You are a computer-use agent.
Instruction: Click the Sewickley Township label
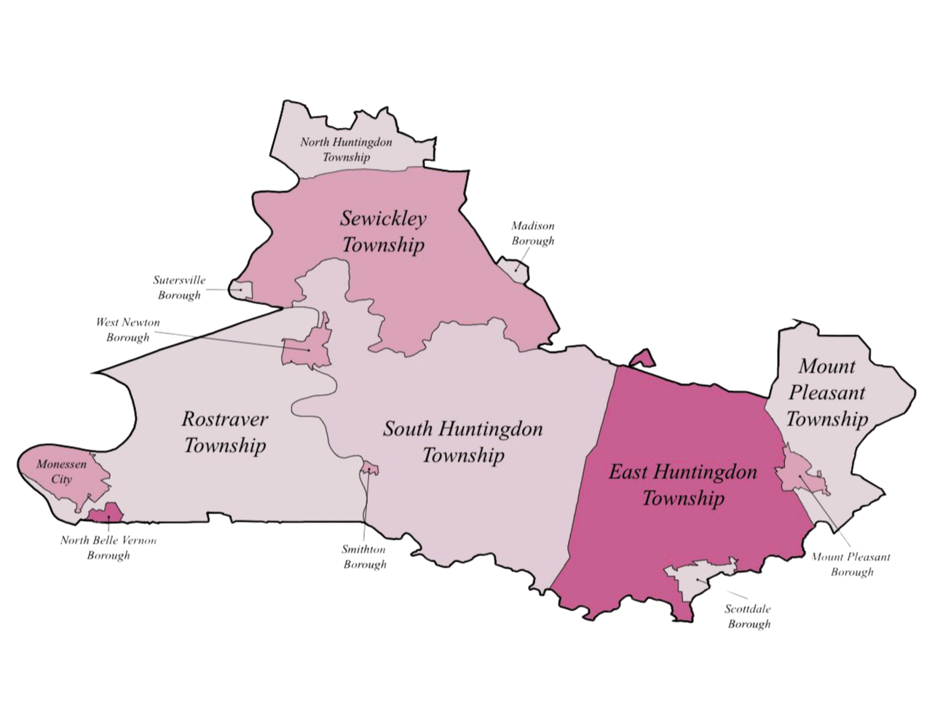[383, 231]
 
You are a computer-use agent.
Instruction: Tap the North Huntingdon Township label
[346, 149]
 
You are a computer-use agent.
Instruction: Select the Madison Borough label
[532, 234]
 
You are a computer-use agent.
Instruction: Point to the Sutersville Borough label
[179, 287]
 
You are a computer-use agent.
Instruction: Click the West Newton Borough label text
[127, 330]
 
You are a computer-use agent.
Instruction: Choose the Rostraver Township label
[224, 432]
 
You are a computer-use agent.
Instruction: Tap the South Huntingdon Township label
[463, 442]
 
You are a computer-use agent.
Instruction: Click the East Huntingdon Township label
[682, 485]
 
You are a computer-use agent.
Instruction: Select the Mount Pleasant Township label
[826, 392]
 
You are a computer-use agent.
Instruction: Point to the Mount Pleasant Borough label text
[851, 564]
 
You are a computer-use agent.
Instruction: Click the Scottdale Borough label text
[748, 616]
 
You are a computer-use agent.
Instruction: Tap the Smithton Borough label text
[364, 557]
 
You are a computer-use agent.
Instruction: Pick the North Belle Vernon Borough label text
[108, 547]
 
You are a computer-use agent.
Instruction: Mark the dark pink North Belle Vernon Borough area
[106, 514]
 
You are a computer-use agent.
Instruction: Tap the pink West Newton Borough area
[309, 348]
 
